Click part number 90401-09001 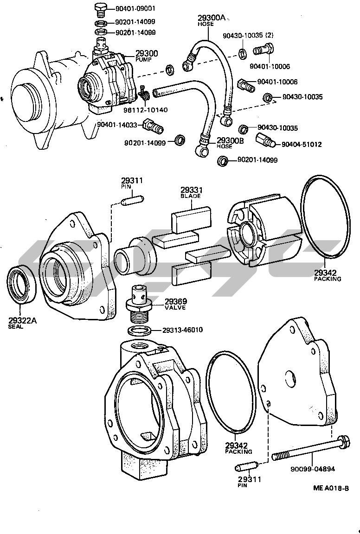(x=135, y=8)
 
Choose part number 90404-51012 (x=302, y=144)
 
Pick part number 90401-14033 (x=117, y=124)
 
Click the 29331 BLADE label (x=190, y=192)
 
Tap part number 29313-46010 (x=182, y=330)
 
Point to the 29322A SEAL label (x=22, y=322)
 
